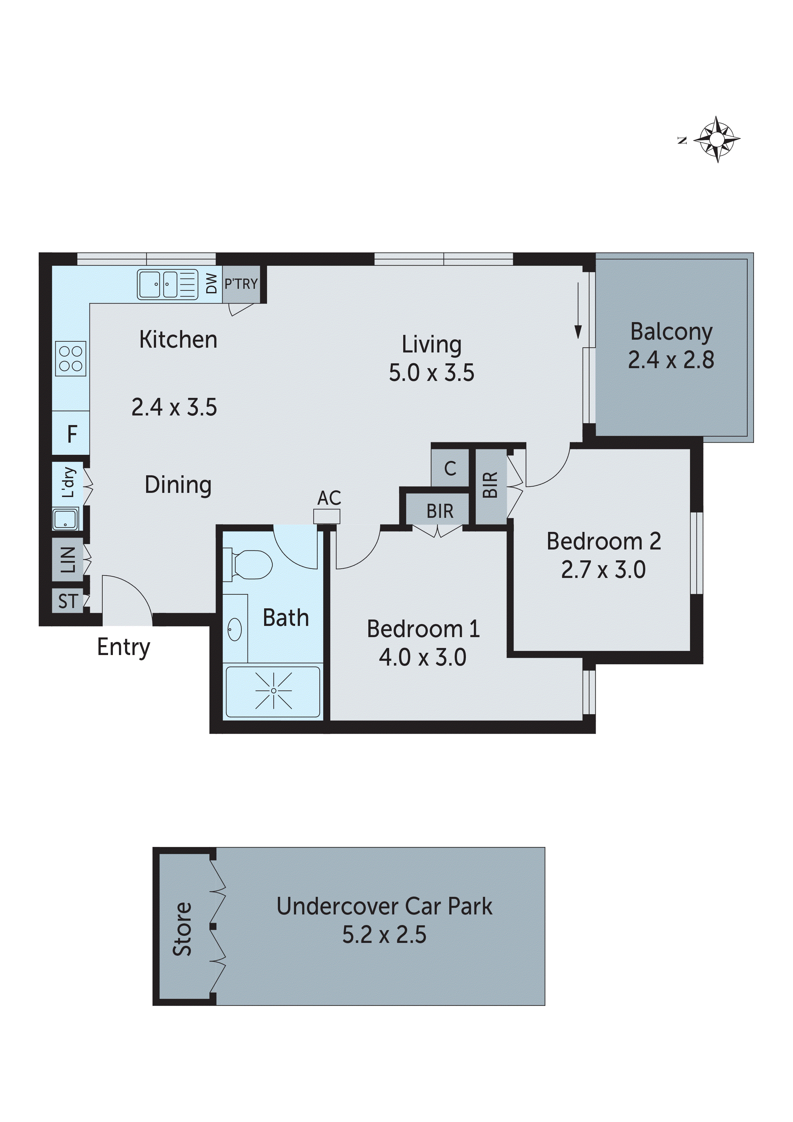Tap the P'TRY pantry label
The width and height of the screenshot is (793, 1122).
click(241, 284)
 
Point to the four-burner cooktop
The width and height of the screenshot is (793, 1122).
click(71, 359)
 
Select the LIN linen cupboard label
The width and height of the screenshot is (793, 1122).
click(68, 559)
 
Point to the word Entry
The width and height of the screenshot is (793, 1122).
click(124, 647)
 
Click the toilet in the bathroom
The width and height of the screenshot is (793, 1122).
click(249, 565)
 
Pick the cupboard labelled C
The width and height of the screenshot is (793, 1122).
click(450, 469)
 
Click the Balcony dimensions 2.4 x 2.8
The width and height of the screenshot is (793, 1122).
click(671, 360)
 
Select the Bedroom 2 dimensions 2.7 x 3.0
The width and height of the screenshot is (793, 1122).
click(603, 570)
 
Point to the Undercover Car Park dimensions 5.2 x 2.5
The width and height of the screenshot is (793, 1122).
click(384, 935)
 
